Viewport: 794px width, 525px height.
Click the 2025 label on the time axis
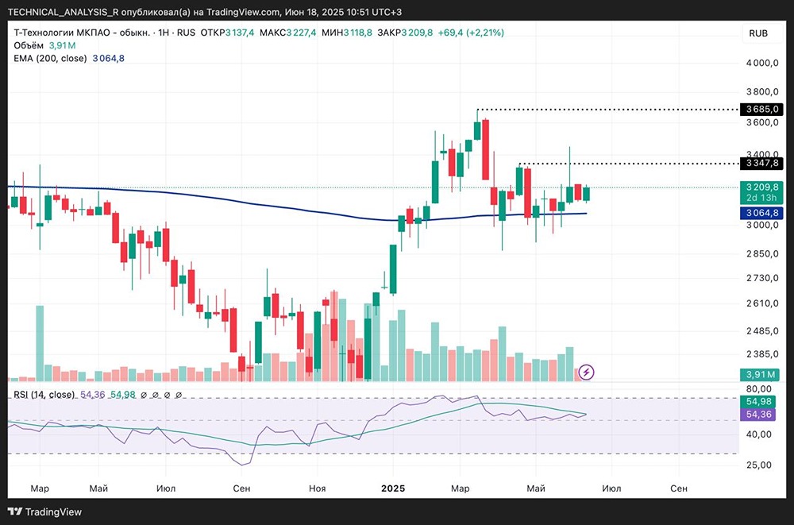[392, 488]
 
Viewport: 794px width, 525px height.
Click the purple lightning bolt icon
[586, 371]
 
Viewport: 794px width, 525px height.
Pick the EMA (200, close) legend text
[50, 58]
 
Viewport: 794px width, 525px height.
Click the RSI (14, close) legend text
[44, 395]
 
